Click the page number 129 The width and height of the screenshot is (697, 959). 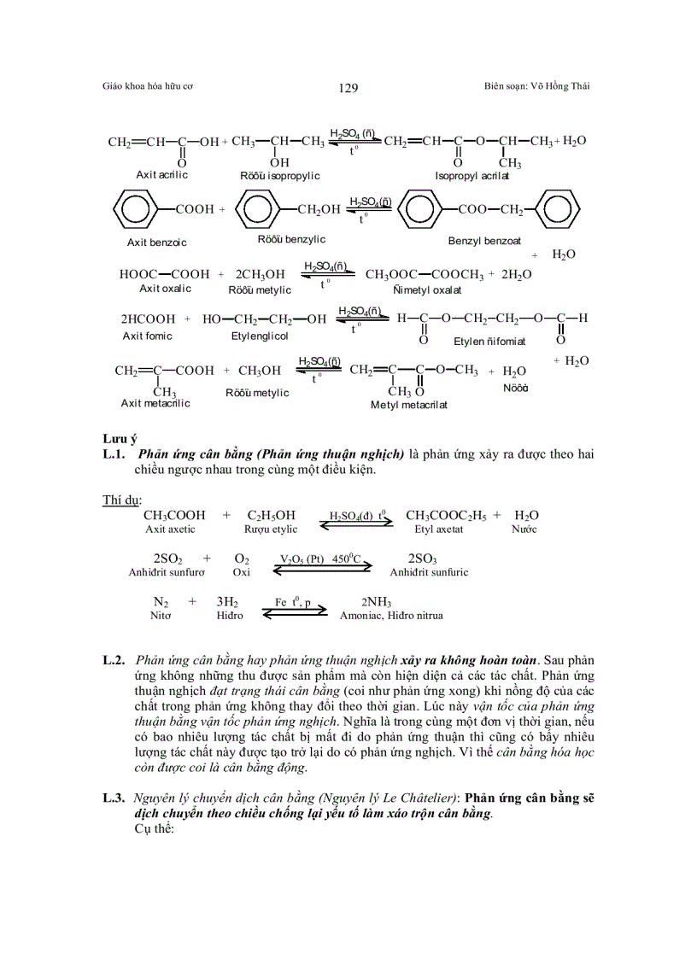(348, 87)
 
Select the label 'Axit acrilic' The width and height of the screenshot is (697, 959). (161, 174)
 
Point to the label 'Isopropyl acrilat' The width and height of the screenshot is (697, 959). (471, 175)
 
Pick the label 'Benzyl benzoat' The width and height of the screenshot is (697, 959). (484, 241)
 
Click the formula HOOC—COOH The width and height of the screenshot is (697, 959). (164, 274)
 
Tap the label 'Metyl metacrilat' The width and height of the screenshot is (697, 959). (408, 405)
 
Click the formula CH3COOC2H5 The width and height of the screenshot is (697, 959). (445, 516)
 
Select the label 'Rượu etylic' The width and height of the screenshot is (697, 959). (271, 529)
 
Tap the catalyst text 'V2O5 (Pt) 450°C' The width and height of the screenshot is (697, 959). (321, 558)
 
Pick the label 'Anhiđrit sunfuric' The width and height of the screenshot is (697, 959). (429, 572)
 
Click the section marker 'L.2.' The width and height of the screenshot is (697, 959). (114, 660)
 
